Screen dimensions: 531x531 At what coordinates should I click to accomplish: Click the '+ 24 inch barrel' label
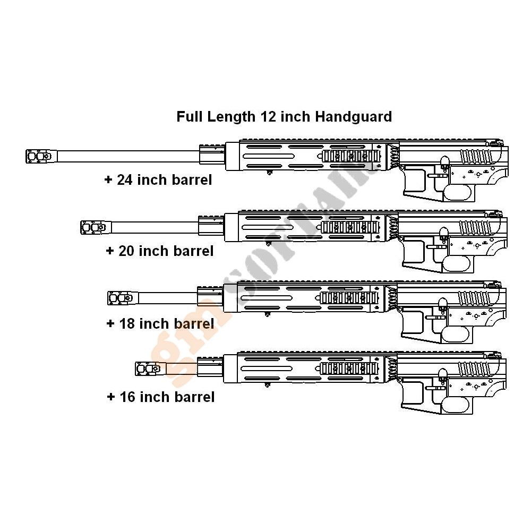[x=158, y=180]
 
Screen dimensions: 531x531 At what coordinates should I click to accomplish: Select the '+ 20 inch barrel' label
[x=160, y=251]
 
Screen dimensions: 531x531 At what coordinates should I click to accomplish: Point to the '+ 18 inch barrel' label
[x=160, y=323]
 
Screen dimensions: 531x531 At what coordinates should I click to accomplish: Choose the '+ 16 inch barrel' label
[x=161, y=397]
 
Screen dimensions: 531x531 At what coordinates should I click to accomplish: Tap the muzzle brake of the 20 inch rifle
[x=93, y=228]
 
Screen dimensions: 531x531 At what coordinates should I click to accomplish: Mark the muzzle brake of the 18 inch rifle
[x=121, y=298]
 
